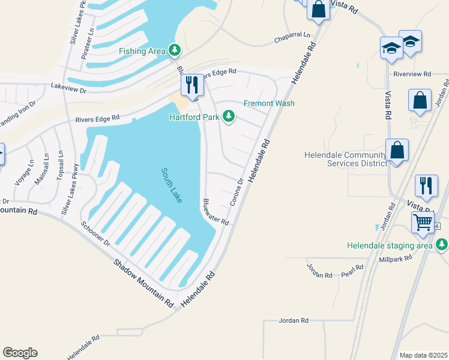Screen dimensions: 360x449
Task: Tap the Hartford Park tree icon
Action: click(x=229, y=116)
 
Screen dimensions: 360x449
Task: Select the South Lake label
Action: click(x=170, y=185)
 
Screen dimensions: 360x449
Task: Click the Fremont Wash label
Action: click(x=269, y=103)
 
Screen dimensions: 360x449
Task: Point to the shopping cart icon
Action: click(x=423, y=221)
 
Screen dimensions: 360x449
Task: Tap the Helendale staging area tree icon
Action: click(x=442, y=245)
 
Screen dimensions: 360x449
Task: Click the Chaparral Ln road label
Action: click(x=292, y=38)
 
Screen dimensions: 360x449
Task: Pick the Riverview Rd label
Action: click(x=412, y=74)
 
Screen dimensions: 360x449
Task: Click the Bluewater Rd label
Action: click(x=215, y=212)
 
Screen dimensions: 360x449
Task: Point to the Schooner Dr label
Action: click(x=96, y=235)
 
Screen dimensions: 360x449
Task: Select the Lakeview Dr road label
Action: click(x=69, y=88)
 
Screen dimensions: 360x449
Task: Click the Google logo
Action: click(x=20, y=352)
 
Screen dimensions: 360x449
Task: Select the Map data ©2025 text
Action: click(x=423, y=355)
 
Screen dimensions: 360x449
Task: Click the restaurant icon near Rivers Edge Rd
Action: click(x=192, y=86)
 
